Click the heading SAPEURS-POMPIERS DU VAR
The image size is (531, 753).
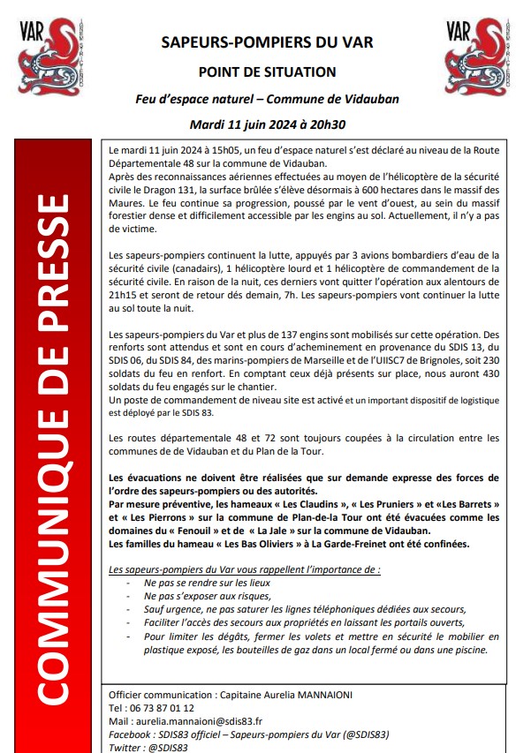coord(267,42)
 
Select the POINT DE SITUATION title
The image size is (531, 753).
coord(267,72)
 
